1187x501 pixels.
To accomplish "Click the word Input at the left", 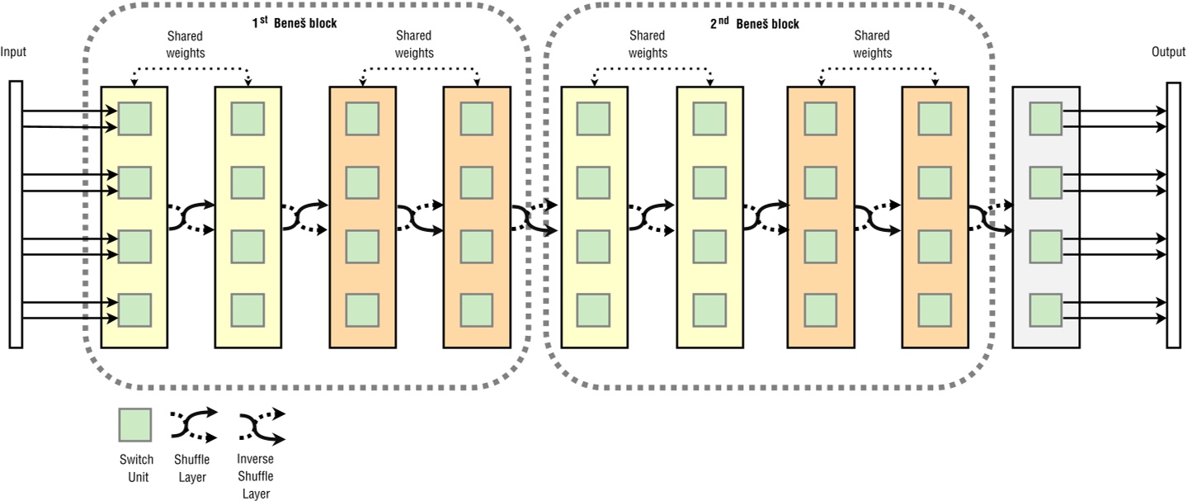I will click(x=13, y=52).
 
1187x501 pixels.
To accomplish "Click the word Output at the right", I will click(x=1168, y=52).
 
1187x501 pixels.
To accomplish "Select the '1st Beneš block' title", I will click(x=294, y=23).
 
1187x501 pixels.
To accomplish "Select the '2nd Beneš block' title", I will click(x=754, y=23).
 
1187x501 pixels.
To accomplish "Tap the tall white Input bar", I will click(x=16, y=214).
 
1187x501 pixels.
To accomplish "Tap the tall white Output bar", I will click(x=1173, y=215).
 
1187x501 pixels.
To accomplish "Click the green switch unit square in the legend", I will click(x=134, y=426).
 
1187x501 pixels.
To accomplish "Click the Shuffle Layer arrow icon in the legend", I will click(x=194, y=424).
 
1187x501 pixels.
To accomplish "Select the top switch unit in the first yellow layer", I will click(x=134, y=119).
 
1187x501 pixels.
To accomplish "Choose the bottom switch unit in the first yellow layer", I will click(x=134, y=310).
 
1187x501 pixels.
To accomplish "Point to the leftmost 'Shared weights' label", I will click(x=186, y=45).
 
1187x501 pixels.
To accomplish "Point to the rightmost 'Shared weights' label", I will click(x=872, y=45).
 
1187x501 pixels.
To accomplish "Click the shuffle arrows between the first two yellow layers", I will click(x=191, y=216).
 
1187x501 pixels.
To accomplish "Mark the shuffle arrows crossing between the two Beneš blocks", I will click(x=535, y=216).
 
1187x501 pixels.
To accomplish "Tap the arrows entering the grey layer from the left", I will click(x=990, y=216).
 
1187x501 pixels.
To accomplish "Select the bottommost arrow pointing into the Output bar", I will click(x=1114, y=319).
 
